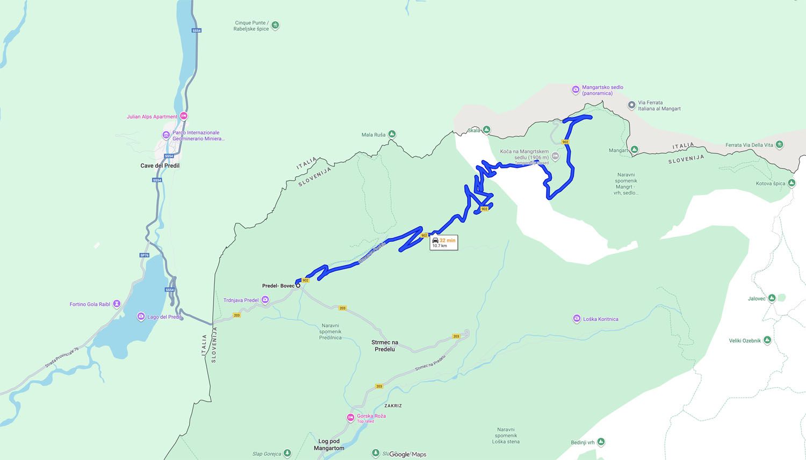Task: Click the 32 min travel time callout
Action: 444,243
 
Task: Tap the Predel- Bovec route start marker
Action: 298,285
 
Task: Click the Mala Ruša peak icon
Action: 392,134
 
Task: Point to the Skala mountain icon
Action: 486,130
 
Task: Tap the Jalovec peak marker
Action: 772,298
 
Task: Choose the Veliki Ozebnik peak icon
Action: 767,340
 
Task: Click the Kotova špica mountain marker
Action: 792,183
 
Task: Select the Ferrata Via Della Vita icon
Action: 780,145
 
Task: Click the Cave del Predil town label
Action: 160,166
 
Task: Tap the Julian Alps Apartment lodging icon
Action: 184,116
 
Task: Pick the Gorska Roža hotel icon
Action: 350,418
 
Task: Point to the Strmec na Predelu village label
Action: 385,346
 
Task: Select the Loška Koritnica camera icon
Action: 577,319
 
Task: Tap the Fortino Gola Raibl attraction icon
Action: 117,304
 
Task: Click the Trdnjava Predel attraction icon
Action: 265,300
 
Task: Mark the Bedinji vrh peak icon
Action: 601,442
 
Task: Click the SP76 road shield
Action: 144,255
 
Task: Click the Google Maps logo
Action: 408,454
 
